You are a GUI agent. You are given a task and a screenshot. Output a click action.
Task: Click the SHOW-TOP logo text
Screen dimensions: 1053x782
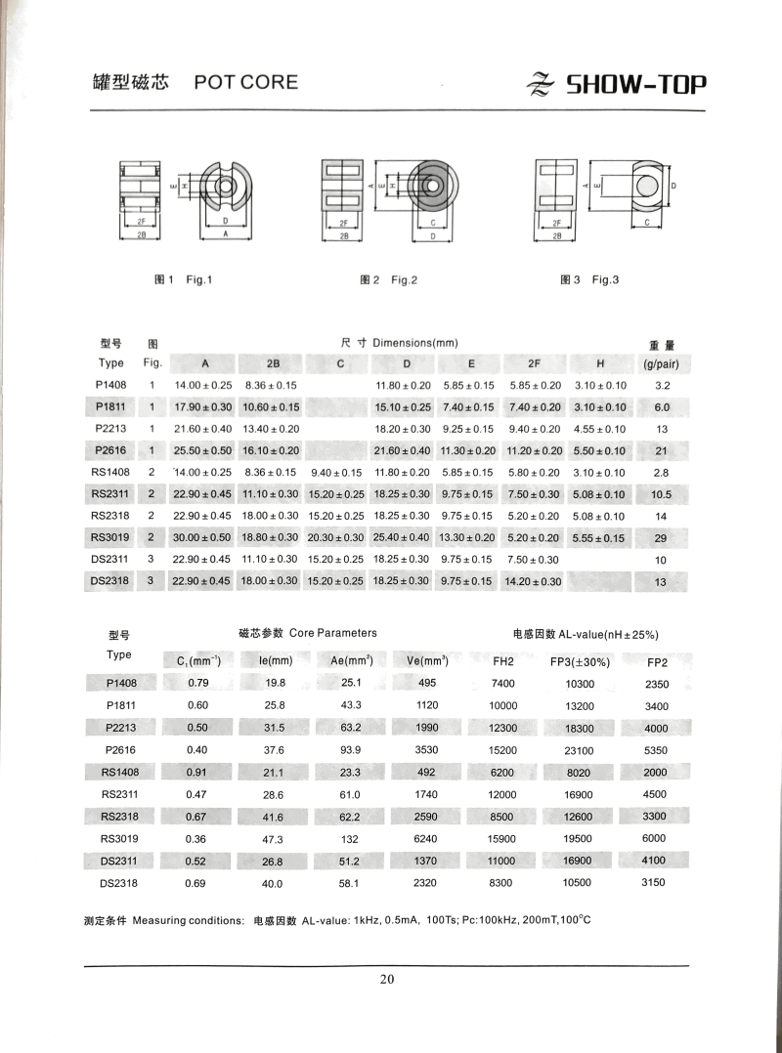635,85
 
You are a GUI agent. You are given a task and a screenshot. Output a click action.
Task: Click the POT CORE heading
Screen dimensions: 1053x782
245,82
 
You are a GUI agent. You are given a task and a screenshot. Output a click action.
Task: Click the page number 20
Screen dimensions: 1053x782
387,980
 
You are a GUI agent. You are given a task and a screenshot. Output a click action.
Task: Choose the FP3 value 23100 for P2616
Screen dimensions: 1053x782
580,748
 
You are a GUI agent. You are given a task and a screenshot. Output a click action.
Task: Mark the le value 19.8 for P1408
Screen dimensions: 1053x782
273,683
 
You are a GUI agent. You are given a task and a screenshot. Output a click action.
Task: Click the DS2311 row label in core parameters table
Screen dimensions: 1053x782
117,861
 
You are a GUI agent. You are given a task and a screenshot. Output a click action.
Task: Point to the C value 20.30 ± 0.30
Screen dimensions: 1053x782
335,538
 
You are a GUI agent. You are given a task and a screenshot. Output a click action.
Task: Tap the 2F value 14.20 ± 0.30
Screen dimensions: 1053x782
534,582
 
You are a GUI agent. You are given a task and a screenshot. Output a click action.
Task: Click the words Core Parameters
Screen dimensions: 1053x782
332,633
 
